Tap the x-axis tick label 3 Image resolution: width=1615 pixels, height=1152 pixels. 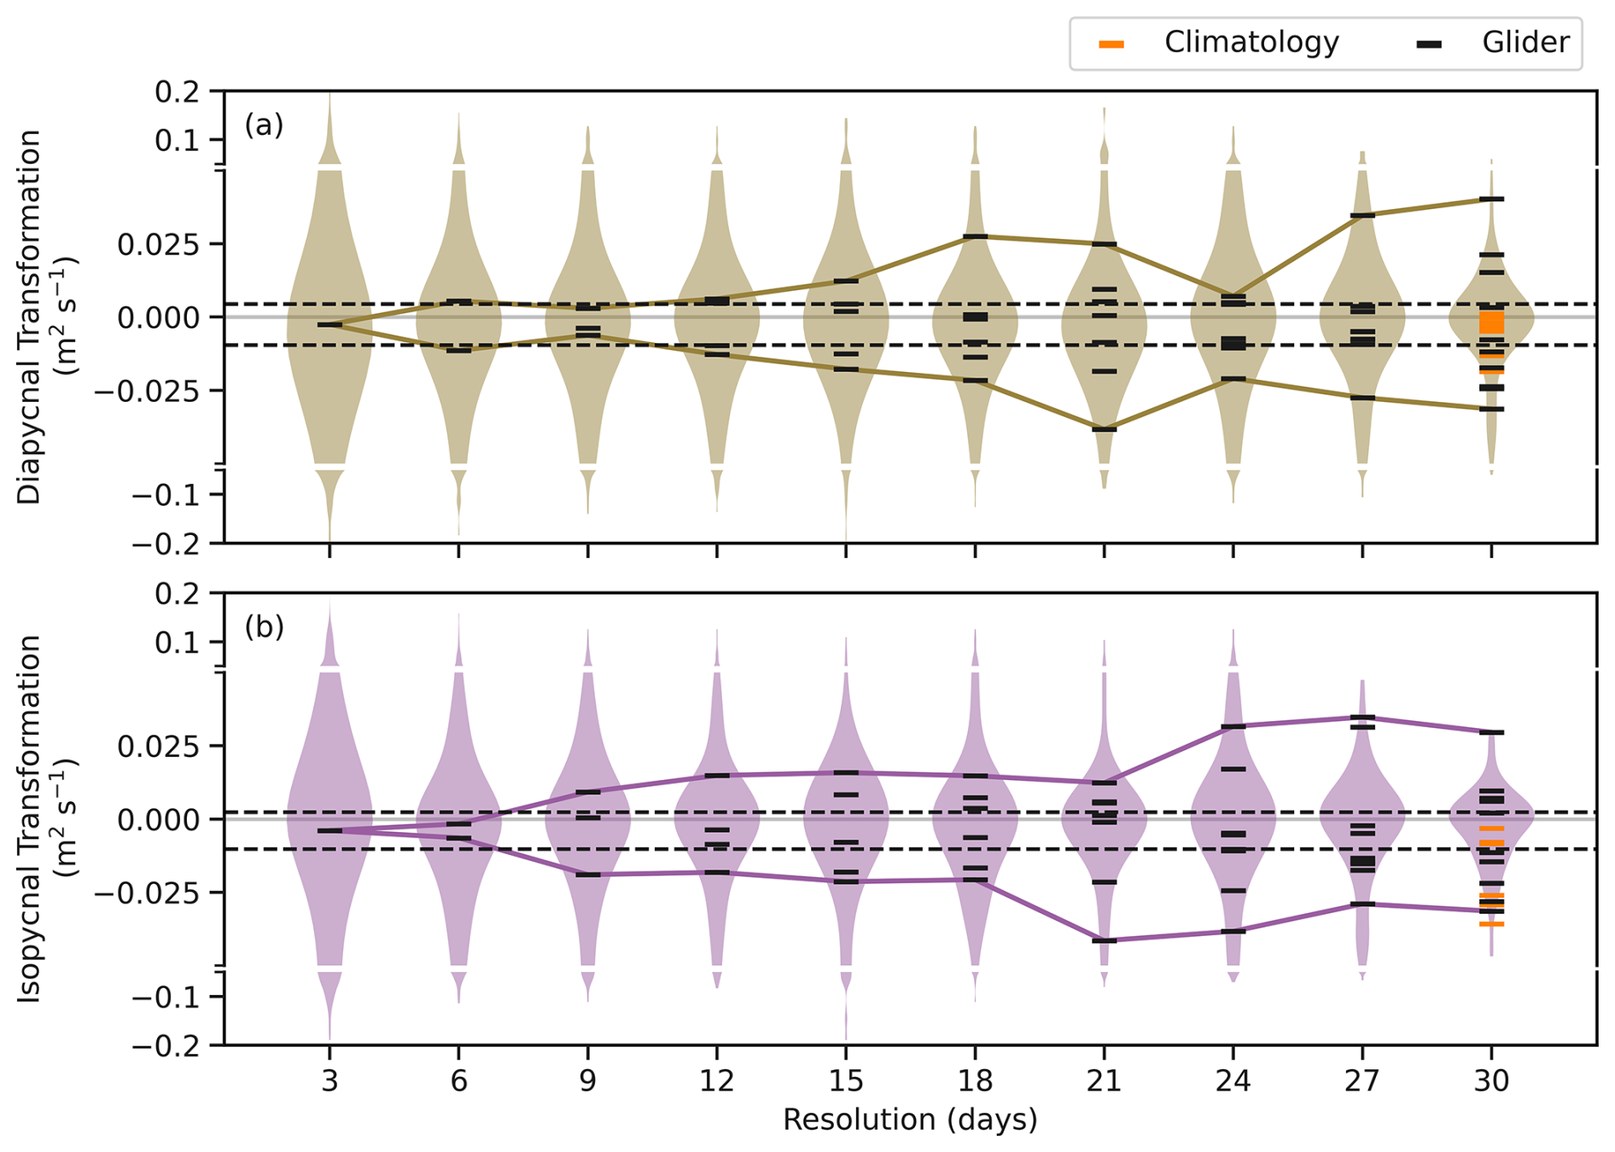click(x=329, y=1081)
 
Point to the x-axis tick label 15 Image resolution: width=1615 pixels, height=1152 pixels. click(x=845, y=1081)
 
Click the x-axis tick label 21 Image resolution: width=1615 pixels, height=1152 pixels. click(x=1104, y=1081)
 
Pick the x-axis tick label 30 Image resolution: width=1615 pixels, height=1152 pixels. click(x=1491, y=1081)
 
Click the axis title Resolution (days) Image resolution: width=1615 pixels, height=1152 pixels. click(x=910, y=1120)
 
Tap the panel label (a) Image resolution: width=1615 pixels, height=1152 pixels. click(x=264, y=125)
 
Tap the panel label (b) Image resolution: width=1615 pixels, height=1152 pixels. click(x=264, y=627)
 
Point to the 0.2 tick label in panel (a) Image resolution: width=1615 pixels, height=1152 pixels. click(x=177, y=91)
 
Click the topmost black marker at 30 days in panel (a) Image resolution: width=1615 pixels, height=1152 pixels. click(x=1491, y=199)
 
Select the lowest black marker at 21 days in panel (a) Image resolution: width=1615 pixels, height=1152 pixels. click(x=1104, y=429)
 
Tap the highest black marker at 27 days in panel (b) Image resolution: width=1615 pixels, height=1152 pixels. click(x=1362, y=717)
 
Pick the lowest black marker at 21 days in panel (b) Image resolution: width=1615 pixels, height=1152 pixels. click(x=1104, y=940)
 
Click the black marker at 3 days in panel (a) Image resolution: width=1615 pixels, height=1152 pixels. click(x=329, y=325)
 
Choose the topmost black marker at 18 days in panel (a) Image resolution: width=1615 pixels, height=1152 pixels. click(x=975, y=236)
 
